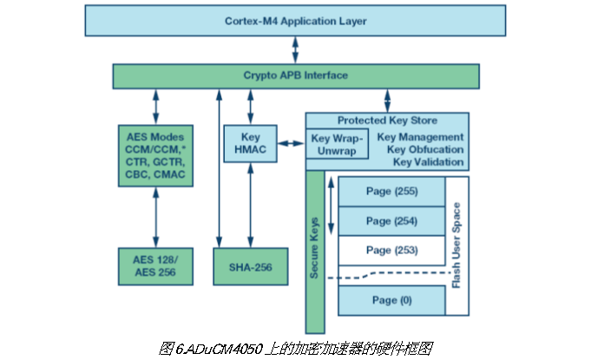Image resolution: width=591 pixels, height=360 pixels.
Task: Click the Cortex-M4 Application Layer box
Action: click(x=295, y=20)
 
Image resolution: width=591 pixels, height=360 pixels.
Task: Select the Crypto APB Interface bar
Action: click(x=295, y=75)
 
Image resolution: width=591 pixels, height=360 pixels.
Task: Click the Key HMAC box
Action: click(x=250, y=144)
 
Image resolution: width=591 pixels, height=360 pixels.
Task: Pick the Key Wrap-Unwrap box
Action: click(x=338, y=143)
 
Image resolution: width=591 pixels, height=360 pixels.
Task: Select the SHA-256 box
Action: click(x=251, y=266)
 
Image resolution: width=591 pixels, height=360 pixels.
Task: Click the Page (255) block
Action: click(x=391, y=191)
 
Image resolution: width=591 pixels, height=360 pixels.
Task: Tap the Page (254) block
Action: click(x=391, y=221)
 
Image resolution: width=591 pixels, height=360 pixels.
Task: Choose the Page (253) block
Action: click(x=391, y=250)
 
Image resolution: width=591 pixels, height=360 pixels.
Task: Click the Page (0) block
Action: click(x=391, y=299)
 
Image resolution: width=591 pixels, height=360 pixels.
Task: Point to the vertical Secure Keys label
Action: click(x=314, y=252)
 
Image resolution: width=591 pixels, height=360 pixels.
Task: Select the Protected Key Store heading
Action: click(x=387, y=121)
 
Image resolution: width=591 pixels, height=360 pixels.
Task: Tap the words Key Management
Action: click(x=421, y=137)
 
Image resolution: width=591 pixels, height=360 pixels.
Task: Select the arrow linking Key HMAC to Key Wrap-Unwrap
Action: click(x=291, y=144)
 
